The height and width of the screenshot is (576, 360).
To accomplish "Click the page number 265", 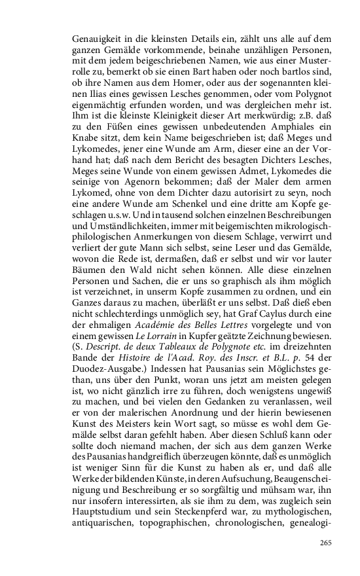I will [x=327, y=543].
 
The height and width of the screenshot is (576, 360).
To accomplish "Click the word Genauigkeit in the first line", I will [x=96, y=39].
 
